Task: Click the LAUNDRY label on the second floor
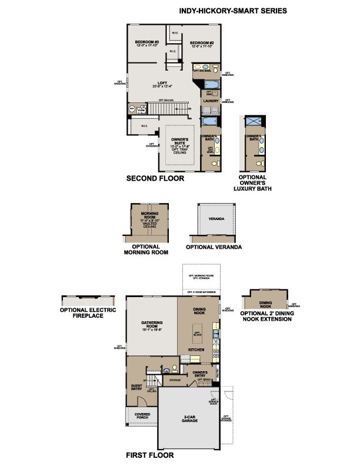(x=211, y=101)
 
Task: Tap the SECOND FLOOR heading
(x=155, y=178)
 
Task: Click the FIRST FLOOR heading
(x=149, y=455)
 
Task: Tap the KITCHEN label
(x=196, y=349)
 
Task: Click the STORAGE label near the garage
(x=175, y=380)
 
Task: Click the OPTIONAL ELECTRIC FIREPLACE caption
(x=88, y=312)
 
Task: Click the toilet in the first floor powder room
(x=167, y=370)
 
